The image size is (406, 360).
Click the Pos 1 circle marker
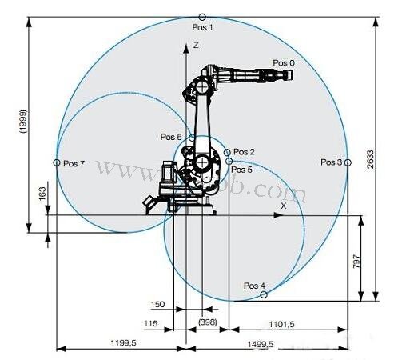pyautogui.click(x=202, y=17)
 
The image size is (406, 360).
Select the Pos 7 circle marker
pyautogui.click(x=57, y=162)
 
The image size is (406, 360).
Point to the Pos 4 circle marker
pyautogui.click(x=265, y=294)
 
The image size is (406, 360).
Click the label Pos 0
pyautogui.click(x=283, y=62)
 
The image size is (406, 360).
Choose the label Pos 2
pyautogui.click(x=244, y=152)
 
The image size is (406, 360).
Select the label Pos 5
pyautogui.click(x=241, y=170)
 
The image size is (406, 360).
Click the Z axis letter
pyautogui.click(x=195, y=47)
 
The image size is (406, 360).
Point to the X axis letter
pyautogui.click(x=283, y=206)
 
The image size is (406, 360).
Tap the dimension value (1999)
pyautogui.click(x=24, y=120)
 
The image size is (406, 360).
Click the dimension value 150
pyautogui.click(x=158, y=304)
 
